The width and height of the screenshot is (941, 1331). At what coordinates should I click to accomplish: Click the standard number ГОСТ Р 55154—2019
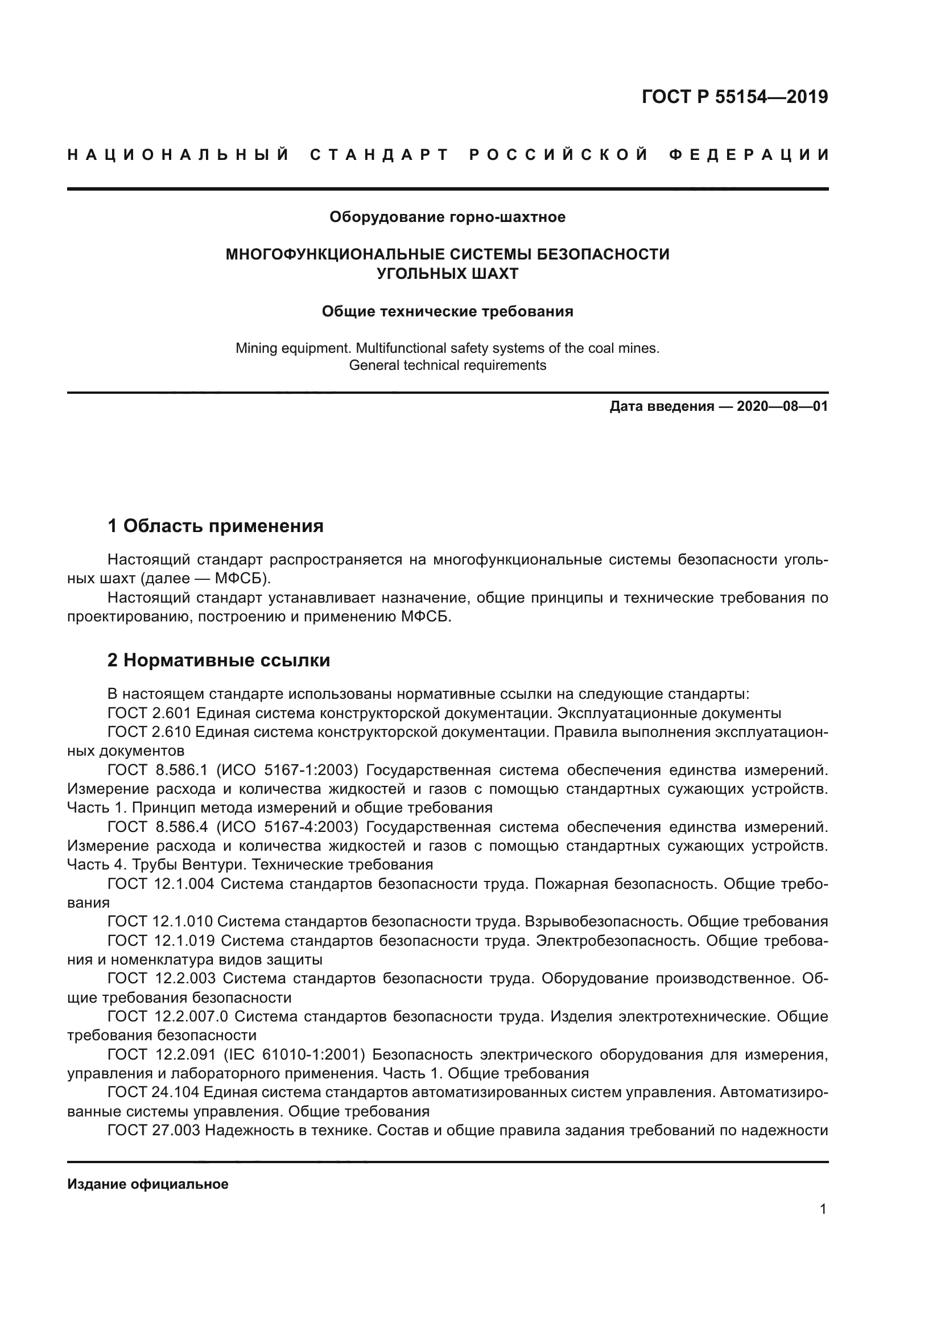coord(734,97)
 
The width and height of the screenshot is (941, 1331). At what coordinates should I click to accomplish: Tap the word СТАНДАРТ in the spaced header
coord(379,155)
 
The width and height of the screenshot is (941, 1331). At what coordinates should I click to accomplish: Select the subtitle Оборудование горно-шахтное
coord(447,217)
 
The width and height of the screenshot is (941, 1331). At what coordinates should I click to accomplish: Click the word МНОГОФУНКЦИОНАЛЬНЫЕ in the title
coord(335,254)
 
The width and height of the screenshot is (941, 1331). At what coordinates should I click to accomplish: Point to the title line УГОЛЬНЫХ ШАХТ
coord(447,273)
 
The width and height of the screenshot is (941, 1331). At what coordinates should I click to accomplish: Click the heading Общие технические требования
coord(447,311)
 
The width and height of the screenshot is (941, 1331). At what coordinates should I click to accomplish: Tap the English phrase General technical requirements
coord(447,365)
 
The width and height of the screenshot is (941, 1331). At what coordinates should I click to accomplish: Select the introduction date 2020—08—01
coord(782,406)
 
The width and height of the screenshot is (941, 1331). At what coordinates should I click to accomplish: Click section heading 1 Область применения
coord(216,526)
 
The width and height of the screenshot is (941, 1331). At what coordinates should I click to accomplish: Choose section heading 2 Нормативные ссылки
coord(218,660)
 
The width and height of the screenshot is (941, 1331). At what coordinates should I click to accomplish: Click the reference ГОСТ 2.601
coord(149,713)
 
